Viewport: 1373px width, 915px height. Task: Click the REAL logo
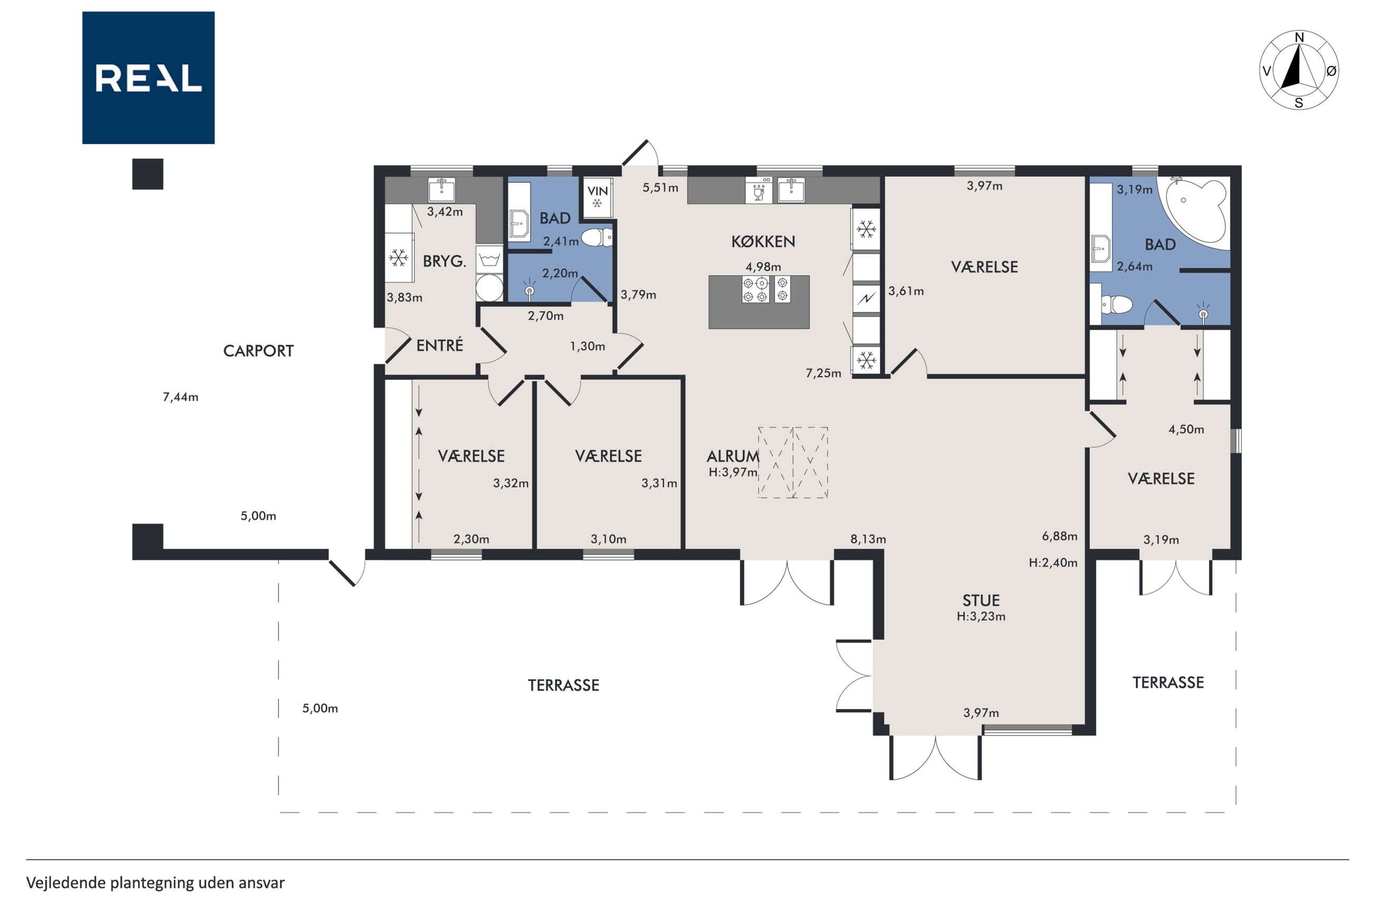point(148,78)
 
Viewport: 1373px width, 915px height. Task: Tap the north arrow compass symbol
point(1299,71)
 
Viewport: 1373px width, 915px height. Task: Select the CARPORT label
point(259,351)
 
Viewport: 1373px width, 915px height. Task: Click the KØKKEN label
point(763,241)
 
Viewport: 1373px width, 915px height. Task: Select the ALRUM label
point(733,456)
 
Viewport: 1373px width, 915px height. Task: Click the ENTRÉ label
point(439,345)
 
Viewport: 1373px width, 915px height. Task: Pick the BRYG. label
point(445,261)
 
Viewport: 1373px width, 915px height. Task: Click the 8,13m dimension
point(868,539)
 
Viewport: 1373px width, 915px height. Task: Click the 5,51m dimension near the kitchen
point(661,188)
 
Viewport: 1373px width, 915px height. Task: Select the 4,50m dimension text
point(1186,429)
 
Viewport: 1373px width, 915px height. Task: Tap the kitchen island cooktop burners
point(766,290)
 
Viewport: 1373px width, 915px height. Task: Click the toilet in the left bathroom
point(596,238)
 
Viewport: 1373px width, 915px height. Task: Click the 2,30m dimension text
point(472,539)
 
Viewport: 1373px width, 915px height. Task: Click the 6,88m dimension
point(1060,536)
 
